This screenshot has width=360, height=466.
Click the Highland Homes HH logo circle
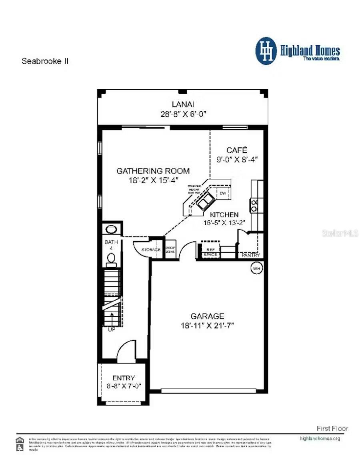click(266, 51)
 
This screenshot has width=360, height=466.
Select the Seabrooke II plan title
click(45, 61)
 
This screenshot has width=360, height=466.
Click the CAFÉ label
click(237, 150)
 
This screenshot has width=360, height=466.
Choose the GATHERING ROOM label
click(153, 171)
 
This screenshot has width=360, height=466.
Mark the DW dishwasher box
click(223, 193)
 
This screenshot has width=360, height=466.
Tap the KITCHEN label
click(224, 215)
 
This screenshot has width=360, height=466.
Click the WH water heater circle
click(256, 268)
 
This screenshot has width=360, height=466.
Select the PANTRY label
click(251, 255)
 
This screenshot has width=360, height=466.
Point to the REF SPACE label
click(210, 252)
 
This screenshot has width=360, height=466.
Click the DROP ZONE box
click(171, 249)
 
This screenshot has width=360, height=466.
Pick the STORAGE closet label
click(151, 250)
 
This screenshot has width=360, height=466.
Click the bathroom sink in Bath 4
click(110, 229)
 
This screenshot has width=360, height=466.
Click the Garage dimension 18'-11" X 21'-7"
click(207, 325)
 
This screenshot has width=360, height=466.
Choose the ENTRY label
click(124, 378)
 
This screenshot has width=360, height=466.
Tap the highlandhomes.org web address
click(320, 438)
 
